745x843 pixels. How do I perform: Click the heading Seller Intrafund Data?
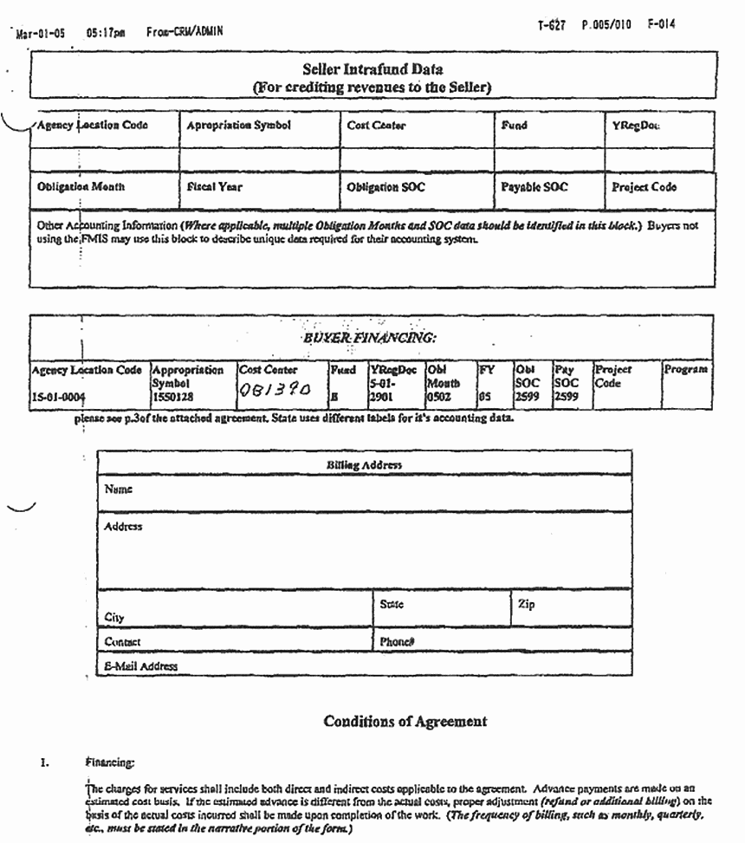point(372,68)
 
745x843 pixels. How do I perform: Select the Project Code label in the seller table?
point(644,187)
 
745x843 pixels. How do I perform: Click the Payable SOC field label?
point(534,187)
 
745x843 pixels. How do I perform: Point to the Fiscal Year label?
point(214,187)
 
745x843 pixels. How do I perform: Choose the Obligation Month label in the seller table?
point(81,187)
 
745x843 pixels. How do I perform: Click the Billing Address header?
point(364,464)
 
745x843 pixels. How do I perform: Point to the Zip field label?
point(526,603)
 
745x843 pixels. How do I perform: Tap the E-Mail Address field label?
point(140,666)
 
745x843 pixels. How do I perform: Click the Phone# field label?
point(398,642)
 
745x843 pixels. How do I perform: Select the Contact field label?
point(122,642)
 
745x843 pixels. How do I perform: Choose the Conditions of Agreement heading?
point(405,721)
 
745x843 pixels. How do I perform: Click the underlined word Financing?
point(109,764)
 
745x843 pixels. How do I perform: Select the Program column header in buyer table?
point(687,369)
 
